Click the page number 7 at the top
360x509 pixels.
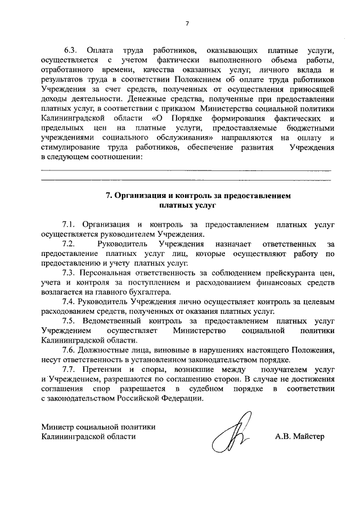coord(187,23)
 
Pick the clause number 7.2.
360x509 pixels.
coord(69,244)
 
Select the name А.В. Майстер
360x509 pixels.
coord(300,436)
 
